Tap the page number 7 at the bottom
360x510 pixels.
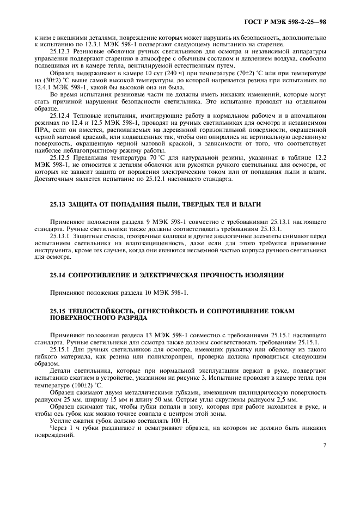click(x=325, y=445)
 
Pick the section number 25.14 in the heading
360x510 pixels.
click(x=58, y=275)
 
